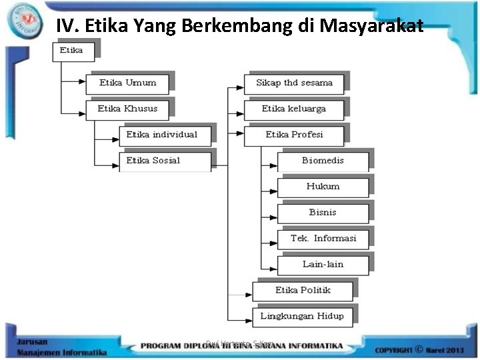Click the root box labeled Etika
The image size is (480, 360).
pyautogui.click(x=73, y=51)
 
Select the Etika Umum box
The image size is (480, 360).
pyautogui.click(x=127, y=83)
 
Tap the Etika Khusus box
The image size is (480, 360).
pyautogui.click(x=127, y=109)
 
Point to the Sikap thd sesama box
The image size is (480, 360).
pyautogui.click(x=294, y=83)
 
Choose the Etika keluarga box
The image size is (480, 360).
pyautogui.click(x=294, y=109)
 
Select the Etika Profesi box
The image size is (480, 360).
pyautogui.click(x=294, y=135)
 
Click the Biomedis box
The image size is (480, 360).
pyautogui.click(x=323, y=161)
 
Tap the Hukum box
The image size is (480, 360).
pyautogui.click(x=323, y=187)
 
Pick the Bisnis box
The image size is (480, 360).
pyautogui.click(x=323, y=213)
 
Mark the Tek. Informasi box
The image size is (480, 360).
pyautogui.click(x=323, y=239)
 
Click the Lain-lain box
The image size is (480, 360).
pyautogui.click(x=323, y=265)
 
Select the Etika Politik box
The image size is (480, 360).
pyautogui.click(x=303, y=291)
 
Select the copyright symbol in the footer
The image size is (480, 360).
pyautogui.click(x=419, y=347)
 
